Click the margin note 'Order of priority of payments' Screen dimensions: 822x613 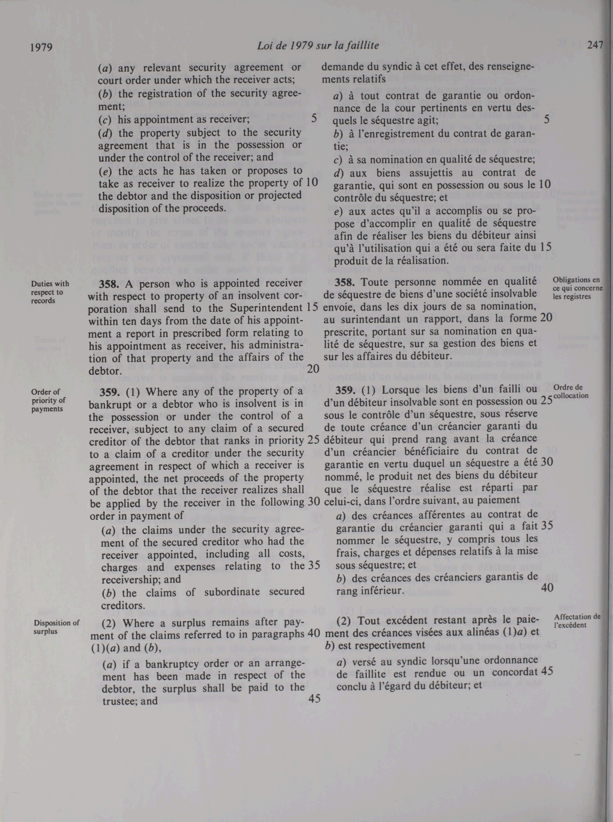(47, 400)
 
